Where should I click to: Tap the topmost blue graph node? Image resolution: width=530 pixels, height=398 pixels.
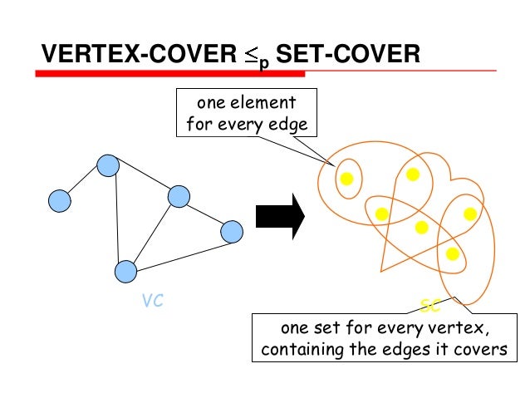108,166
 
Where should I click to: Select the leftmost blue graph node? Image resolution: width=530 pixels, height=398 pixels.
60,200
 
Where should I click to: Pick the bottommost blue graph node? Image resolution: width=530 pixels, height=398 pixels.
125,271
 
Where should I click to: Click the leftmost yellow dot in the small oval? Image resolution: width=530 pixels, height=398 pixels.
347,178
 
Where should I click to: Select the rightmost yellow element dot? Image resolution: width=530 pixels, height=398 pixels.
470,214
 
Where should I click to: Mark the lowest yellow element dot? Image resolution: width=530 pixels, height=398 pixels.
452,253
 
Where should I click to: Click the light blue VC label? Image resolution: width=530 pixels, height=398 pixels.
152,302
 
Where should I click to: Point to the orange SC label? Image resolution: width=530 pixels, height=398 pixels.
430,307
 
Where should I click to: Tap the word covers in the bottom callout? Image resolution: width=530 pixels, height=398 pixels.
480,349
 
